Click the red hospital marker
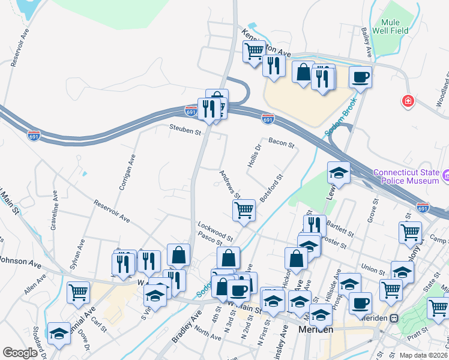[409, 101]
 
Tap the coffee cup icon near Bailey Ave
[360, 77]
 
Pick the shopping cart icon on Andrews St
[244, 211]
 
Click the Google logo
[20, 352]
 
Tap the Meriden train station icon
[394, 318]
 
